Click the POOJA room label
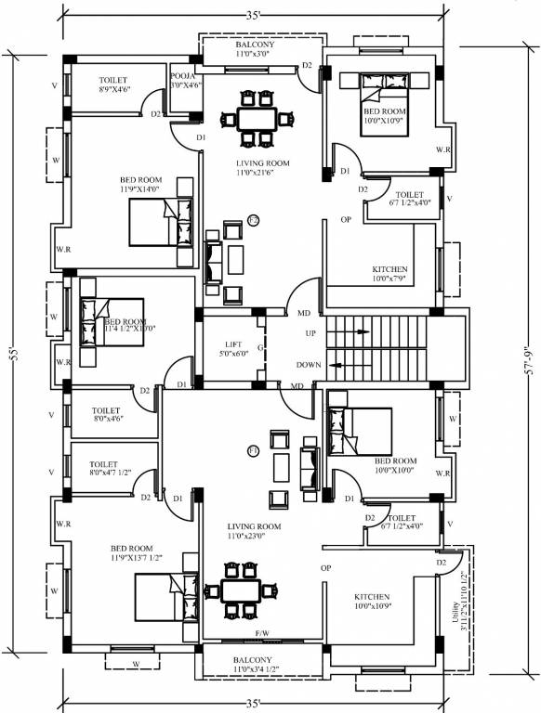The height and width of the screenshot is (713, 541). click(181, 77)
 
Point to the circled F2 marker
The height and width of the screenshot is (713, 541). click(254, 220)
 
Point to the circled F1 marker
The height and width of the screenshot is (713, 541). click(252, 450)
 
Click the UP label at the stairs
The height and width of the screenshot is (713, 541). click(310, 332)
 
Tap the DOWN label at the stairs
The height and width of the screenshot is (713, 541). click(309, 365)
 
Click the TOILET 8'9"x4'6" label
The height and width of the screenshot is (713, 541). click(113, 85)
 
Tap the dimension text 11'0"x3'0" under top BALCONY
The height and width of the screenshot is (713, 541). click(254, 55)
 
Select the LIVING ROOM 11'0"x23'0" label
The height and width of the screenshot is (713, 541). click(246, 530)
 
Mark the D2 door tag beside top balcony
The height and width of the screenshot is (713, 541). click(306, 66)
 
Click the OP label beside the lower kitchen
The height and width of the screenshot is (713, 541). click(326, 567)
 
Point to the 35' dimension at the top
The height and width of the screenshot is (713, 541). click(253, 14)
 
